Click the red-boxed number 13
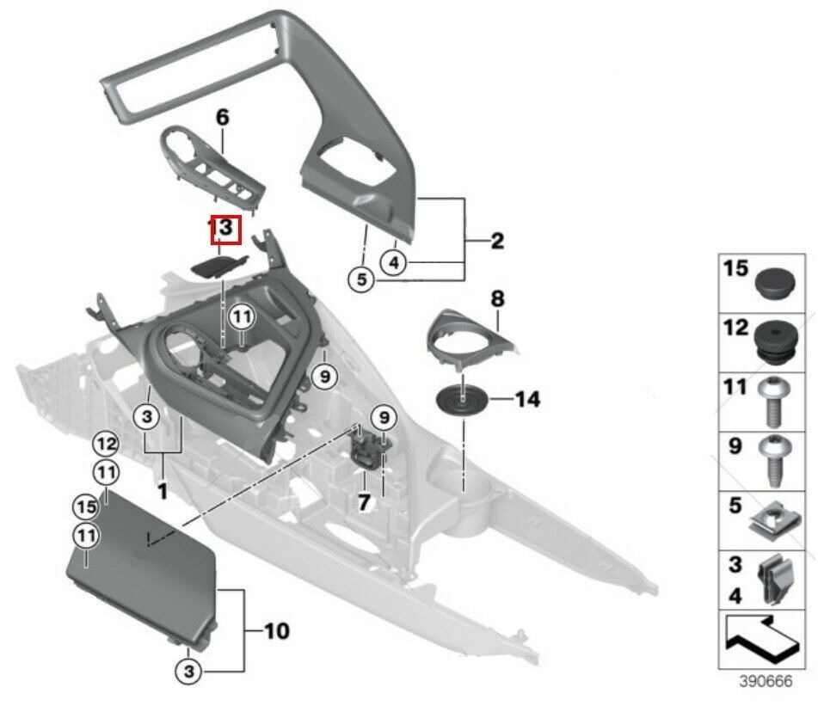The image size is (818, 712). coord(224,229)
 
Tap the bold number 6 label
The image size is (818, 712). coord(223,119)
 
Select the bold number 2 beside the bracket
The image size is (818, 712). coord(496,242)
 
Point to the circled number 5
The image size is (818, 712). coord(361,279)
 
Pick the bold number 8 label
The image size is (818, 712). coord(496,299)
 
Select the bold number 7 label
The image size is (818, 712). coord(363,501)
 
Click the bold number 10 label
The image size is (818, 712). coord(276,632)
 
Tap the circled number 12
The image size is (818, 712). coord(106,444)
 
